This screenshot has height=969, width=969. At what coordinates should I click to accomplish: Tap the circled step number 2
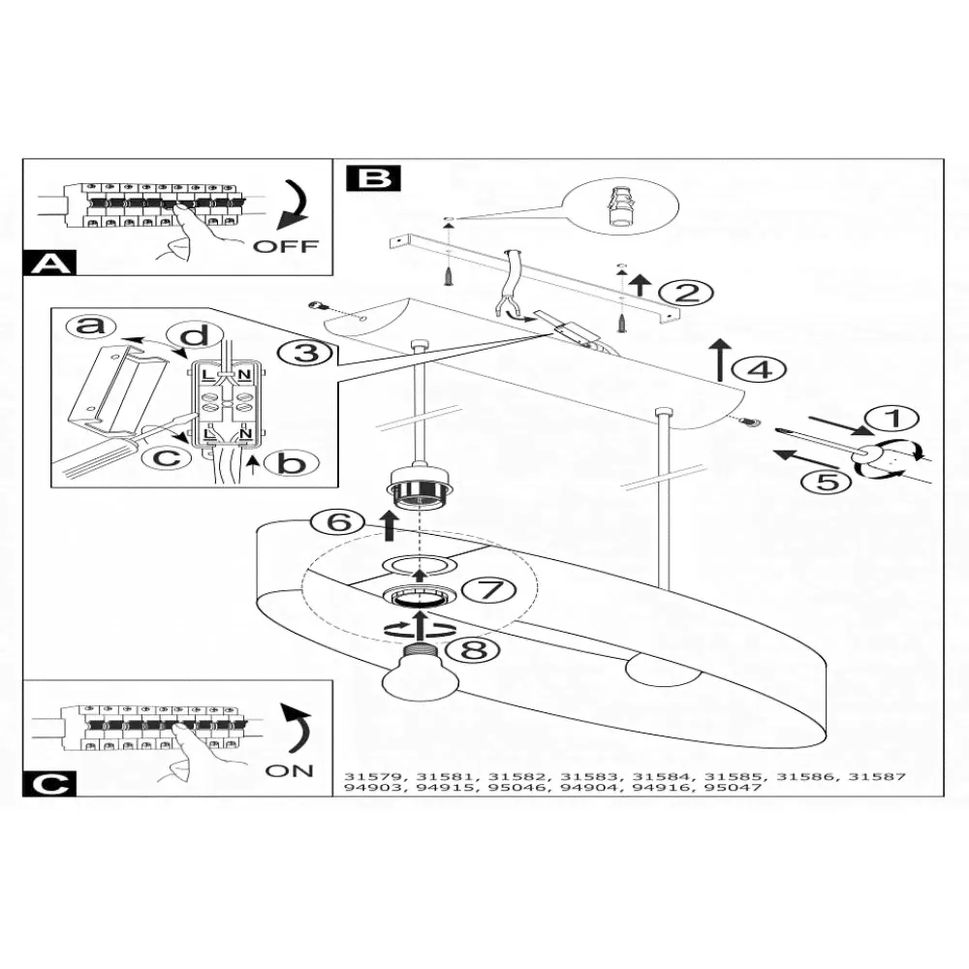pos(686,292)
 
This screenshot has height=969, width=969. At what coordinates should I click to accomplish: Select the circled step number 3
pos(307,353)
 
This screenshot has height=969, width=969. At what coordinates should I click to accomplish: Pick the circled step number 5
pos(826,481)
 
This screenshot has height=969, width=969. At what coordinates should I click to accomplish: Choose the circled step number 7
pos(483,589)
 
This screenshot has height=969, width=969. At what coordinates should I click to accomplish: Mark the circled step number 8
pos(474,648)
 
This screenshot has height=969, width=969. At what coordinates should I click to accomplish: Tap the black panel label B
pos(373,178)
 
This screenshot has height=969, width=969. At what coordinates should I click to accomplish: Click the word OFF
pos(285,246)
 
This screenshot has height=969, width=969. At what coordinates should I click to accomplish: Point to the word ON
pos(289,770)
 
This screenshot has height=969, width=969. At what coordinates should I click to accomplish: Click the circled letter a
pos(90,327)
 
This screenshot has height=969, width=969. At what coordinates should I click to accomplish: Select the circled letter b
pos(290,463)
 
